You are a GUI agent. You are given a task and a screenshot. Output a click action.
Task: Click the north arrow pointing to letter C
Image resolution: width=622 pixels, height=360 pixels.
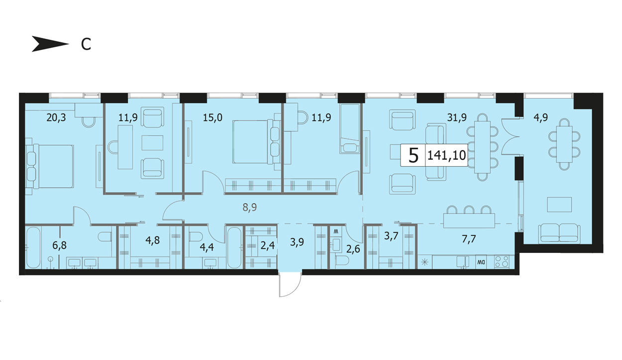(50, 44)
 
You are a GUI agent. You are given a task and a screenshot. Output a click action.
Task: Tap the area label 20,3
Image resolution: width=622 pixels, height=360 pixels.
(56, 118)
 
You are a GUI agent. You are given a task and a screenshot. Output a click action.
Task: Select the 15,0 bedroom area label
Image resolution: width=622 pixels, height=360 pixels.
(212, 118)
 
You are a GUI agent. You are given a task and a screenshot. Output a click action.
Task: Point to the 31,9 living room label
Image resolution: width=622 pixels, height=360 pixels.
(457, 118)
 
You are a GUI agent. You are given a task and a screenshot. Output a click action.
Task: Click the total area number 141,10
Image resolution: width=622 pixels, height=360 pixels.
(446, 155)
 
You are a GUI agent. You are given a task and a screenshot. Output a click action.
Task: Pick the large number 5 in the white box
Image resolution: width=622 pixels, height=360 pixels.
(414, 155)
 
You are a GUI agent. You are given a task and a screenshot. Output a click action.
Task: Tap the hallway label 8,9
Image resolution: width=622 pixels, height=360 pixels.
(250, 208)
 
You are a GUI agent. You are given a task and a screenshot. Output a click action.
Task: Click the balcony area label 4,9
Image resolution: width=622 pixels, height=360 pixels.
(540, 118)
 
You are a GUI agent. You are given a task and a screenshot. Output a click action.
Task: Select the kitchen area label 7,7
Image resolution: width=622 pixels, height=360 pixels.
(469, 239)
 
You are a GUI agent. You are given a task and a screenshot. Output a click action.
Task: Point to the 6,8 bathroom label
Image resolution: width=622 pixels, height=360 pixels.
(59, 245)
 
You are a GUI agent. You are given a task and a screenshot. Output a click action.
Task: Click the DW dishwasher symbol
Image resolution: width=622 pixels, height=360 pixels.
(481, 262)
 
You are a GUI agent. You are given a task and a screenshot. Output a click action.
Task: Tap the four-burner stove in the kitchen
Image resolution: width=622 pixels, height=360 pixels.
(502, 262)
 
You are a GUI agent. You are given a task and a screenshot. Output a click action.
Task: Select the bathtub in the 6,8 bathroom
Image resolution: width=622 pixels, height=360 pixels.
(33, 247)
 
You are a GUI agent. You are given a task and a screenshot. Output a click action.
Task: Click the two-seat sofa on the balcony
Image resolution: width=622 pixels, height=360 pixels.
(559, 234)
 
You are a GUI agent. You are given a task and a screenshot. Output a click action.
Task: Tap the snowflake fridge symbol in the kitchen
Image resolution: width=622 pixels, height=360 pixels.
(424, 262)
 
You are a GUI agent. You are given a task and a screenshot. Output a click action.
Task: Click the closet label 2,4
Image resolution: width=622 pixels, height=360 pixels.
(268, 245)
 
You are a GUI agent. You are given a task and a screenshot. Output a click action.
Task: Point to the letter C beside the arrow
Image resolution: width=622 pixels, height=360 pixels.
(86, 44)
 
